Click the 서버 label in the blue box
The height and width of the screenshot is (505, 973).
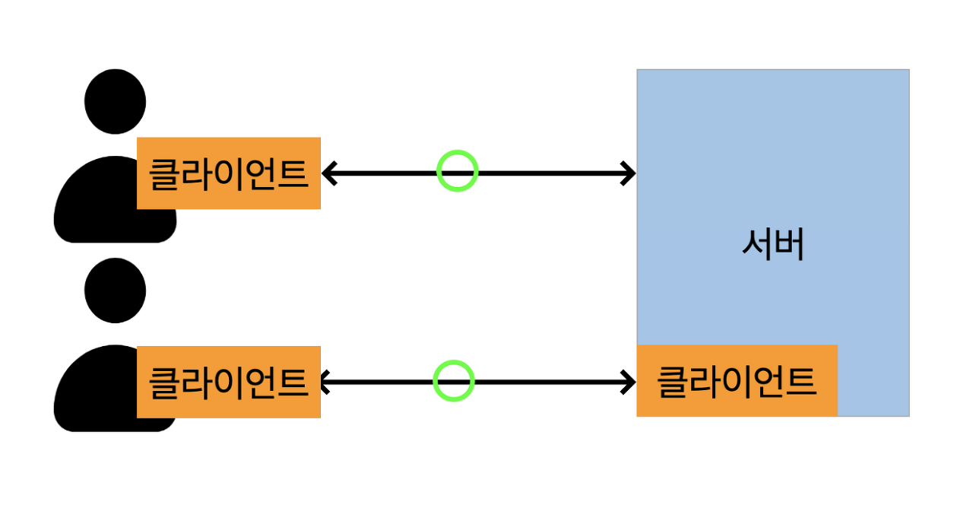[x=772, y=246]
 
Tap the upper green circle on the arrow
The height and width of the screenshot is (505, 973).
[x=457, y=171]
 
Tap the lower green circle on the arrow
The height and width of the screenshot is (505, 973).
[x=454, y=380]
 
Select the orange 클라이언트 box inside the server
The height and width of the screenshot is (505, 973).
[x=736, y=380]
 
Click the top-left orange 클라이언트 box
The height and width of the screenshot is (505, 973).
[x=228, y=173]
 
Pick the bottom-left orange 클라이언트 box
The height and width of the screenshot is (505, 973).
[x=228, y=382]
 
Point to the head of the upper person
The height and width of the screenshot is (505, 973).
[x=115, y=101]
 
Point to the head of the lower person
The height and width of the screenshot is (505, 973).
[x=115, y=290]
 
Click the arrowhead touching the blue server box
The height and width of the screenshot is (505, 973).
[x=628, y=173]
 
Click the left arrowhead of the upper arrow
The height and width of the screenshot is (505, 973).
[x=329, y=173]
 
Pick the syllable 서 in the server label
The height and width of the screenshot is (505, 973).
[x=757, y=246]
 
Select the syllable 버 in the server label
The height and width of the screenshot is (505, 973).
[x=789, y=246]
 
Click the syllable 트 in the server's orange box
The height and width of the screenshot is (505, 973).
[x=800, y=381]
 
